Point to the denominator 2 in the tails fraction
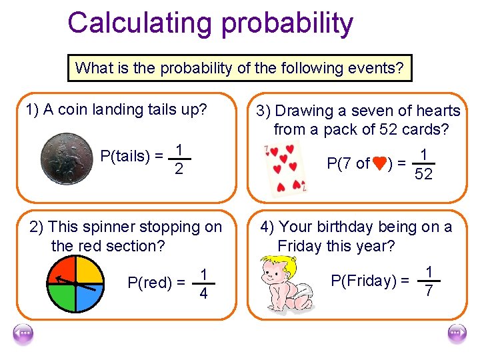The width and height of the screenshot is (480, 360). [179, 171]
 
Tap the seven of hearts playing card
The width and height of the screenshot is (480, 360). [283, 169]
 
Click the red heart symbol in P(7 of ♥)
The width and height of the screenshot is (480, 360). [379, 163]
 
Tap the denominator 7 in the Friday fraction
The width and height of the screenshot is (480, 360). [429, 291]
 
